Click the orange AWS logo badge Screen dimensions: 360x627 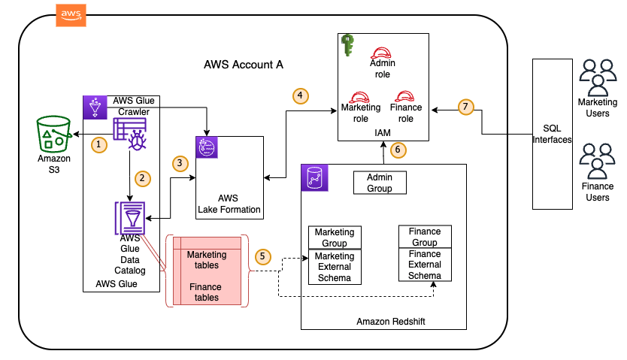click(71, 15)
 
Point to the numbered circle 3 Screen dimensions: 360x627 click(179, 162)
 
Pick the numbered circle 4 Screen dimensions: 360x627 click(301, 96)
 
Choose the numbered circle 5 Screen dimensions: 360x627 click(262, 256)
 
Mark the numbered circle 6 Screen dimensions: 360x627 click(399, 150)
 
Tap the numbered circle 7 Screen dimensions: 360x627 click(466, 107)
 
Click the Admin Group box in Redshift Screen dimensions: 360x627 click(380, 183)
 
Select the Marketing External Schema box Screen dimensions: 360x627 click(335, 267)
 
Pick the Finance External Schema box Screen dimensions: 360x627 click(425, 265)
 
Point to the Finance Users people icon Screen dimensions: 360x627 click(598, 160)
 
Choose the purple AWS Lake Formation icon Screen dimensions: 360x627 click(207, 148)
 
